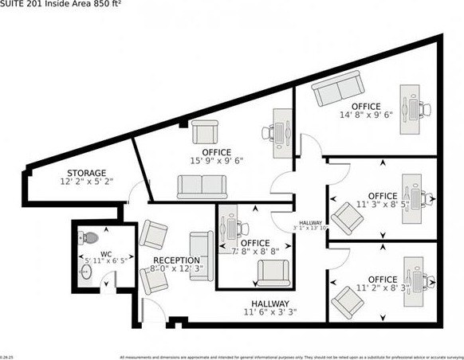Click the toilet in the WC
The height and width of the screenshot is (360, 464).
click(x=89, y=237)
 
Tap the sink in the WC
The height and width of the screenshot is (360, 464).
click(x=87, y=272)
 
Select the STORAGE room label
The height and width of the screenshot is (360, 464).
click(x=86, y=173)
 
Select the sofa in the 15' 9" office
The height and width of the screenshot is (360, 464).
click(x=201, y=187)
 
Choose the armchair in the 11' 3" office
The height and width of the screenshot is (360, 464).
click(x=348, y=216)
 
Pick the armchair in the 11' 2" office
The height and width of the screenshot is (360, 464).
click(x=348, y=300)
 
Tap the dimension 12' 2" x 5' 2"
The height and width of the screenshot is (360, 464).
click(x=86, y=182)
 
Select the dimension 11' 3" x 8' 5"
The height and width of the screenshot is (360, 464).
click(x=381, y=204)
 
